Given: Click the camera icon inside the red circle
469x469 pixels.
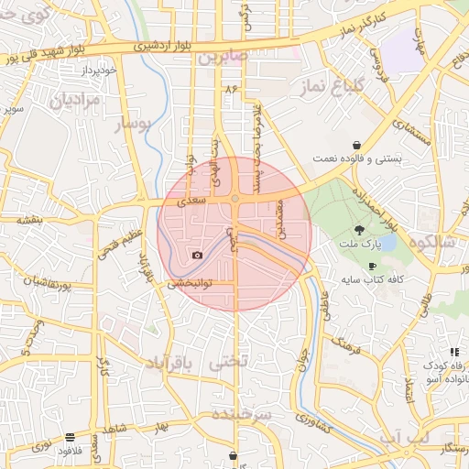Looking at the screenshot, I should coord(197,255).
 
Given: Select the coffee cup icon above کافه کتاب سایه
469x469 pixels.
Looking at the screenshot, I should coord(371,266).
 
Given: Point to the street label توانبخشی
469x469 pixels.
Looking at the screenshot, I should coord(190,284).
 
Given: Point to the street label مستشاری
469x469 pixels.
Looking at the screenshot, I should coord(411,134).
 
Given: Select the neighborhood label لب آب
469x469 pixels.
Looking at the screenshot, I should coord(404,437).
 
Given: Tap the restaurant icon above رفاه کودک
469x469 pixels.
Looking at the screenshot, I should coord(454,352).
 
